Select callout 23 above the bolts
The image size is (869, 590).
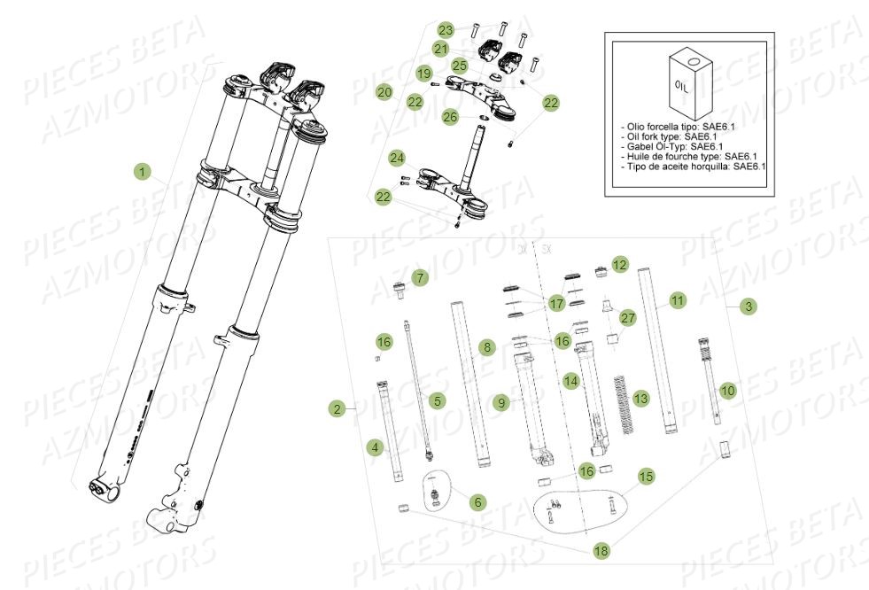(446, 29)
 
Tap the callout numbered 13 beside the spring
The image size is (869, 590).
(641, 400)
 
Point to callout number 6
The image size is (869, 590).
(478, 501)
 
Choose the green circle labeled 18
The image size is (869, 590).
(601, 551)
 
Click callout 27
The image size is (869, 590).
(628, 318)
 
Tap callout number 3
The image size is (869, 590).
(749, 307)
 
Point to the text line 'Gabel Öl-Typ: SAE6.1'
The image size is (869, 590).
(673, 146)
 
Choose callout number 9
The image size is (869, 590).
(501, 403)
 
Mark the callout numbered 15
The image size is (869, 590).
(647, 477)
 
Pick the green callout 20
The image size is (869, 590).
(384, 91)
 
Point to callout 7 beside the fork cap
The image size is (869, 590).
(420, 277)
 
